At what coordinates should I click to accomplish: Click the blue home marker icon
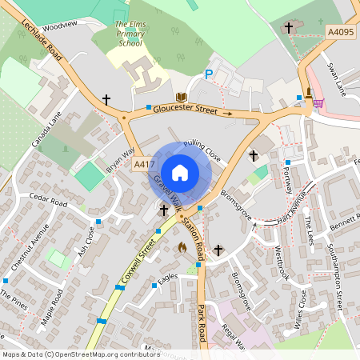180,172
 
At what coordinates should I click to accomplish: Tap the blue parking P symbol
209,74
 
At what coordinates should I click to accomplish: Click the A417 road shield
144,164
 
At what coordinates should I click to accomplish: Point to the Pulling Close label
202,148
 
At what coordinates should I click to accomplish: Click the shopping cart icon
318,102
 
